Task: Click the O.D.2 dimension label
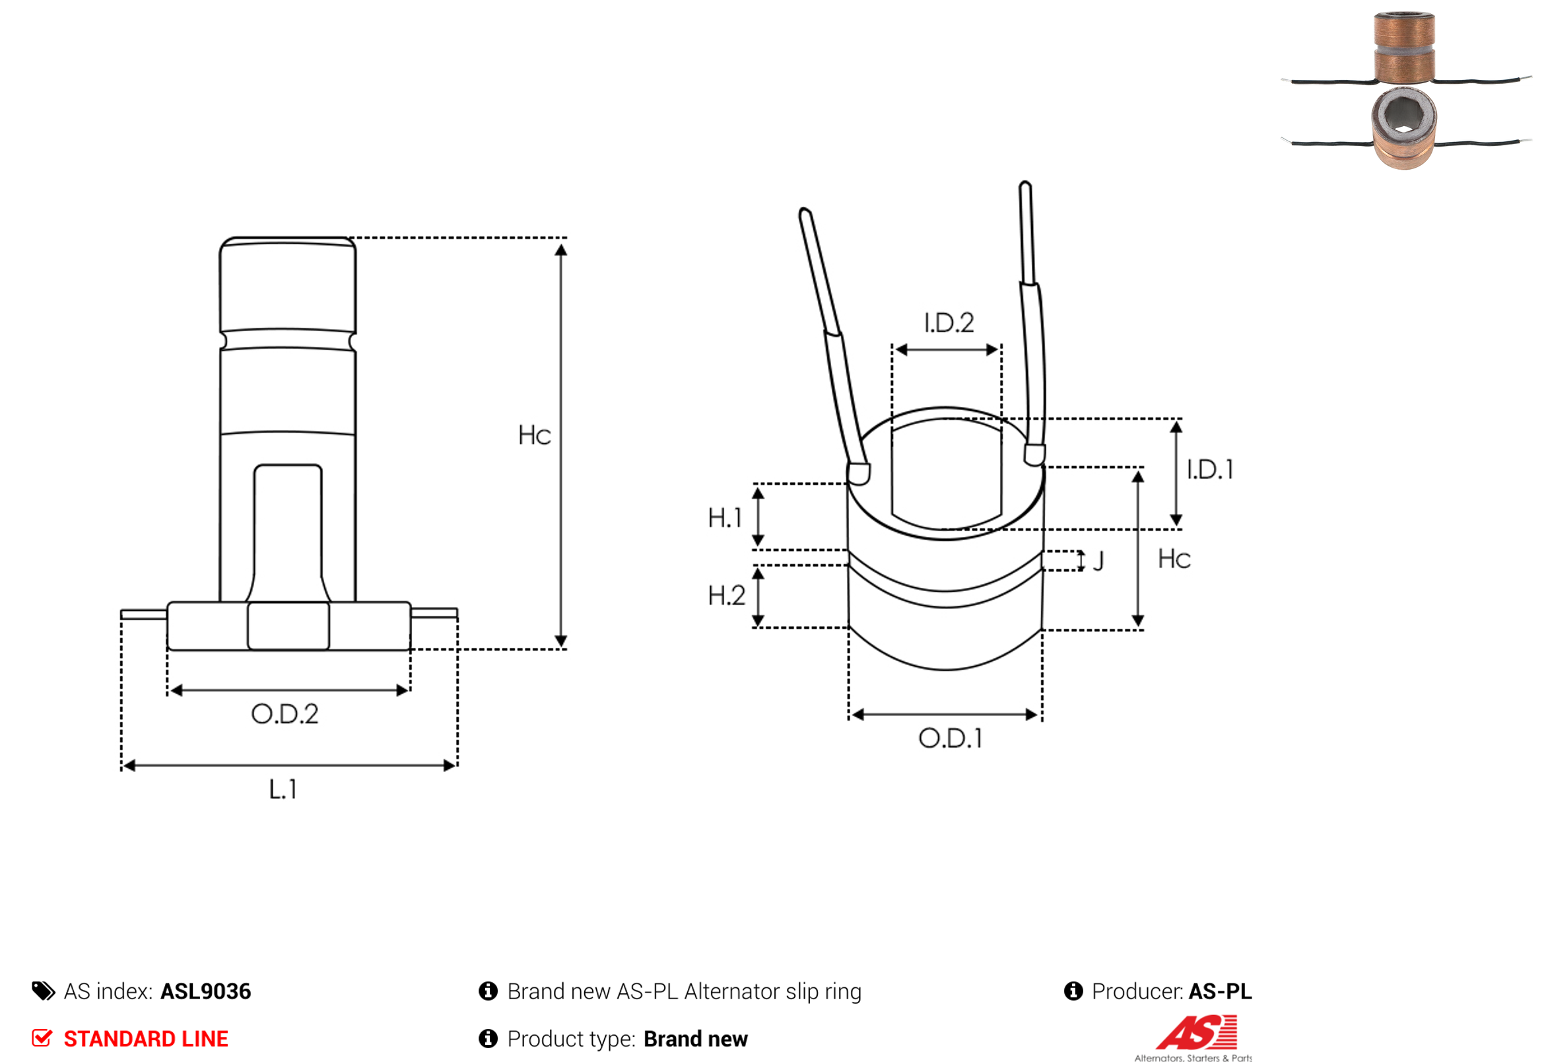coord(285,714)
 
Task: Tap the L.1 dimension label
coord(283,790)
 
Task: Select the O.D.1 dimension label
coord(951,738)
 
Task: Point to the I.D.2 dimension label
coord(949,323)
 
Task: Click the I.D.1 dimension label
coord(1210,470)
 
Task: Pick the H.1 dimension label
coord(724,518)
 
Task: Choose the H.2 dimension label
coord(726,596)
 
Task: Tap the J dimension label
coord(1098,561)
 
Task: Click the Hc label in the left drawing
coord(535,435)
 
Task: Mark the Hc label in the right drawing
coord(1174,559)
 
